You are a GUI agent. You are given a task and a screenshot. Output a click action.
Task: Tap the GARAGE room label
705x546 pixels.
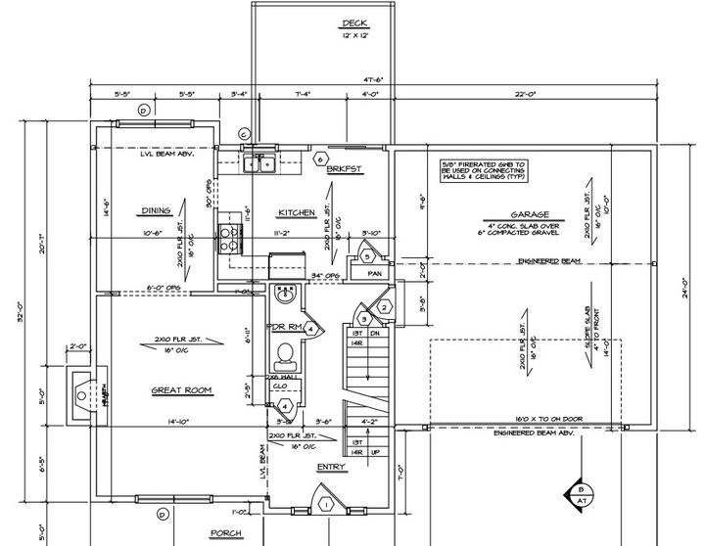527,214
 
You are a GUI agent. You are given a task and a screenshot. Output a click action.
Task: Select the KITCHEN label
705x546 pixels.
295,212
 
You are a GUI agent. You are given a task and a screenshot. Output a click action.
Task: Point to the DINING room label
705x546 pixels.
157,209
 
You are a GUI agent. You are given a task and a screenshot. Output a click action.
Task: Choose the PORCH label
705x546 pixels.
226,533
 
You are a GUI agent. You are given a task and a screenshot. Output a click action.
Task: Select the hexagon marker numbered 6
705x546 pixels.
318,158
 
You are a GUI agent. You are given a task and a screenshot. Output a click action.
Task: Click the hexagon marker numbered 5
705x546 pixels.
366,256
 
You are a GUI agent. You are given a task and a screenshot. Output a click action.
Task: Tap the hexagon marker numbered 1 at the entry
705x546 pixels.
326,504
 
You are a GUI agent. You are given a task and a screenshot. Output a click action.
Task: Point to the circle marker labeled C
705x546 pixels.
245,134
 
